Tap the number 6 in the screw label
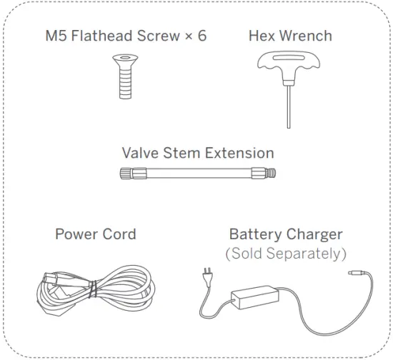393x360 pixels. [202, 35]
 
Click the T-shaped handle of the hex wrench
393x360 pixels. [287, 68]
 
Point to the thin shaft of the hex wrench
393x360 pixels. [289, 107]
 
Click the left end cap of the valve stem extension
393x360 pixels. [126, 173]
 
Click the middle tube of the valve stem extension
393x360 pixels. [196, 173]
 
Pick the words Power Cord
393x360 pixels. [95, 234]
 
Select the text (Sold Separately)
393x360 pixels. [286, 253]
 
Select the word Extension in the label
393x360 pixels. [240, 153]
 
